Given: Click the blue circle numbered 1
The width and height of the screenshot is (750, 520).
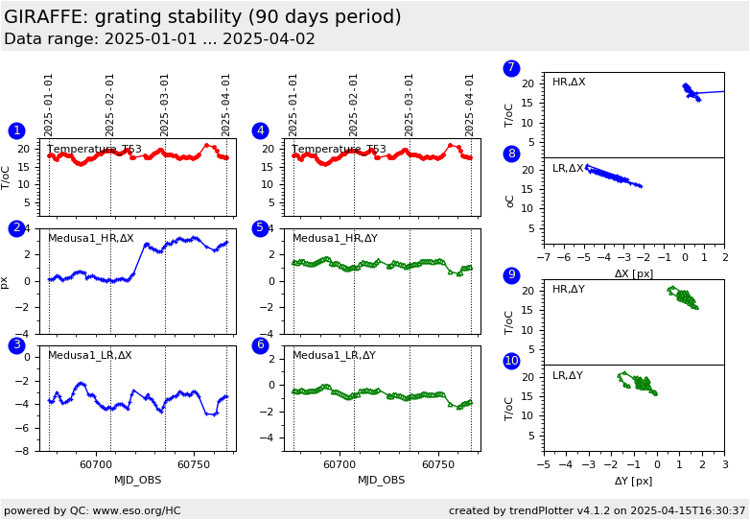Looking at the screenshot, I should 16,130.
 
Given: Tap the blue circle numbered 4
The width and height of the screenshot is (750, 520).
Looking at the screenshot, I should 260,130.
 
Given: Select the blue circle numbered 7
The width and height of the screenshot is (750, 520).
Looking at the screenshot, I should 511,68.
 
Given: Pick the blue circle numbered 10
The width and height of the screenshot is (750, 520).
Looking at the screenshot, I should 511,361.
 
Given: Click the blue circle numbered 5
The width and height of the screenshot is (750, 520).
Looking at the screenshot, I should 260,228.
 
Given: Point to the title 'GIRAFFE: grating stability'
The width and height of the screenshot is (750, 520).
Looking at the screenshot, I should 202,17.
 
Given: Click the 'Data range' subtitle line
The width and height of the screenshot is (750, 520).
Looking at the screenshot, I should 159,39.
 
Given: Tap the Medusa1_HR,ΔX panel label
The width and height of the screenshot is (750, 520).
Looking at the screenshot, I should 91,238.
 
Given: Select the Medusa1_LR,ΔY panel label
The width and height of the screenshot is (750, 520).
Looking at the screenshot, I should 334,355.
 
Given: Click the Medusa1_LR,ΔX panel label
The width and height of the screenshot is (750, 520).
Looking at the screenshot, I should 90,355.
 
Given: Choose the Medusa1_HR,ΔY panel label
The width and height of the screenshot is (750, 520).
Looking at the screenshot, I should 335,238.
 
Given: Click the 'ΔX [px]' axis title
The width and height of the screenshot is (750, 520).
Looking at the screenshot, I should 633,273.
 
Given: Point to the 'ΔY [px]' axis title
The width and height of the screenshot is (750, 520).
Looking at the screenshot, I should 633,481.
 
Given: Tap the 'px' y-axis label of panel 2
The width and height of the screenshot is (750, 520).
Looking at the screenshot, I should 6,282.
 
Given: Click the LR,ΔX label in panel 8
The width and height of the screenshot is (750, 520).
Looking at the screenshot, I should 568,169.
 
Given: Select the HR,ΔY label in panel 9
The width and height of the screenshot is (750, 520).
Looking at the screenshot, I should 568,290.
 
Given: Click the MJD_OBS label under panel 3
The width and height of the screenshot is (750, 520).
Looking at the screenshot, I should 137,480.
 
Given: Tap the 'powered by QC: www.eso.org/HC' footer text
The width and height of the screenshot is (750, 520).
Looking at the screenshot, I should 92,510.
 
